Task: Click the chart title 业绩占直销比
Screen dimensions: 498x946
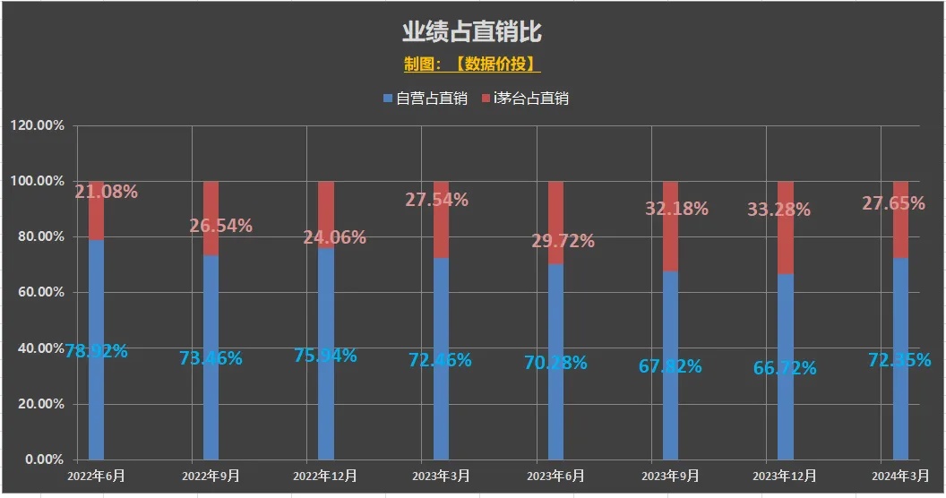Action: (471, 32)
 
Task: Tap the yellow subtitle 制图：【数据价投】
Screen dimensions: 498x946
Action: (471, 64)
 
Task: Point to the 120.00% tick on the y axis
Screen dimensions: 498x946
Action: (38, 125)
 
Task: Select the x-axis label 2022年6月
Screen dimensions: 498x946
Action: (96, 476)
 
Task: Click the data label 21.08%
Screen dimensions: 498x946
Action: (106, 192)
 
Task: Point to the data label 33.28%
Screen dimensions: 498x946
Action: (779, 210)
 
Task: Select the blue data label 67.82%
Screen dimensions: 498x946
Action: (670, 365)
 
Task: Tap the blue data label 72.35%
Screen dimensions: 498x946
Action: (897, 360)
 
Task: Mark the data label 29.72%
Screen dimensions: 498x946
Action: (563, 241)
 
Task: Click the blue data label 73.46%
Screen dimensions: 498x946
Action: (211, 358)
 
